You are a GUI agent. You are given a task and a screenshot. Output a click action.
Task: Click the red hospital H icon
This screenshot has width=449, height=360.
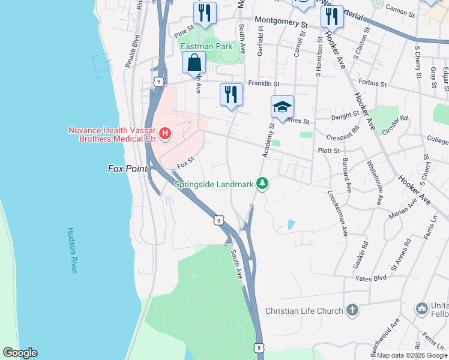[x=164, y=133]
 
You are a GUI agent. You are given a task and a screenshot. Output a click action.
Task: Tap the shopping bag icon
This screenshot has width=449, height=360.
[x=194, y=62]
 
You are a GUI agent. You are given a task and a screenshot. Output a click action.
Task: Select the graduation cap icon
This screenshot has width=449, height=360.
[x=282, y=106]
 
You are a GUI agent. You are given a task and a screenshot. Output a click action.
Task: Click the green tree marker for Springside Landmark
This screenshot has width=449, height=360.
[x=262, y=183]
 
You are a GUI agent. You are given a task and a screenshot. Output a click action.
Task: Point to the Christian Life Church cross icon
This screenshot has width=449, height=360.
[x=352, y=310]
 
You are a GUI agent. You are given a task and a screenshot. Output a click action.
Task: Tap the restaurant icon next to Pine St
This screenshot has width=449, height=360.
[x=205, y=13]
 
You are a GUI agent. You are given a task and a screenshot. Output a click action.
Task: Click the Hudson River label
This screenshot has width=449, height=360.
[x=72, y=250]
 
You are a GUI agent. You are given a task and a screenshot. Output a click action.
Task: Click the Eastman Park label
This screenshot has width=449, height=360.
[x=206, y=46]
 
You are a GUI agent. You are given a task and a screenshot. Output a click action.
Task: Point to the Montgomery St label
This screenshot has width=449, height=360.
[x=281, y=23]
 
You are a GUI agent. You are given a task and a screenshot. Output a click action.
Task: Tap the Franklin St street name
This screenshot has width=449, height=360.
[x=264, y=84]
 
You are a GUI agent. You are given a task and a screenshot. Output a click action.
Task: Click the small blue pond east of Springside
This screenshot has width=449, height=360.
[x=291, y=224]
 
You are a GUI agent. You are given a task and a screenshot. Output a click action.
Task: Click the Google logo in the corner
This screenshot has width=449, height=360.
[x=20, y=353]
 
